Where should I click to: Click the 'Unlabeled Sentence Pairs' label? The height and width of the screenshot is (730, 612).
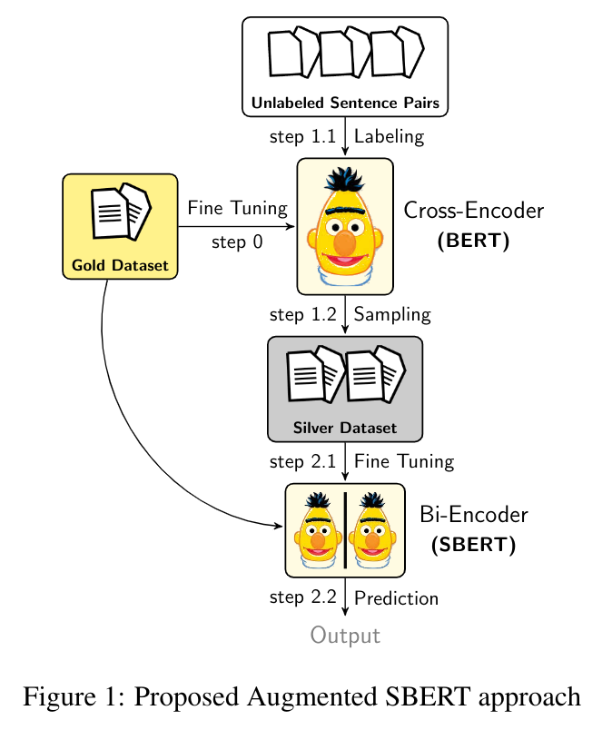(x=345, y=104)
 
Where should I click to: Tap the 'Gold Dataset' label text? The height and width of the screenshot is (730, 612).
(x=120, y=266)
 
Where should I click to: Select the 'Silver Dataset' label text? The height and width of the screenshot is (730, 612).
(x=345, y=428)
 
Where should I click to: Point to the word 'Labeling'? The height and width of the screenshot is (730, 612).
(x=389, y=138)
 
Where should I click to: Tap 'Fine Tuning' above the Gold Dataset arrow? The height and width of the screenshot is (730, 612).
(x=237, y=209)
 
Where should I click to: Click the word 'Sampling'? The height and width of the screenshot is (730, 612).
(x=391, y=315)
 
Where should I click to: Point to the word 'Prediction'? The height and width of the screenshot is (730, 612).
(x=396, y=598)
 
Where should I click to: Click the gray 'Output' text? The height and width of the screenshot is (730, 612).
(x=345, y=635)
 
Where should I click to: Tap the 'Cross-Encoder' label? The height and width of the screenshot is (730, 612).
(x=473, y=212)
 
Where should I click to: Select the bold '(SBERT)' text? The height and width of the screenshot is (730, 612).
(x=473, y=546)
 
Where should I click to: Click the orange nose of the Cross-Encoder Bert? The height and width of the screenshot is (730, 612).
(x=345, y=242)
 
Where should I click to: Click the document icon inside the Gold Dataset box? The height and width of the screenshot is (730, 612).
(x=120, y=212)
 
